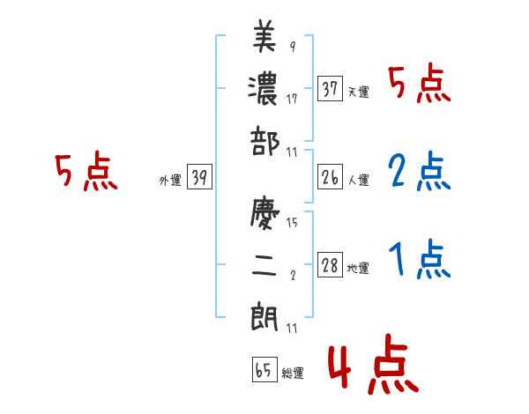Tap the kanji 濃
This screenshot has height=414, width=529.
point(264,89)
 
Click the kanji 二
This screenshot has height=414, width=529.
point(264,264)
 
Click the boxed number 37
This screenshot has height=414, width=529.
point(331,88)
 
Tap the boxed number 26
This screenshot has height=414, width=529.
point(331,177)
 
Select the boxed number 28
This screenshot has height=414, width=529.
point(331,266)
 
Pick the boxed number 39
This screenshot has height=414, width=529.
point(199,178)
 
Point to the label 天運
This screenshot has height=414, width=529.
point(359,92)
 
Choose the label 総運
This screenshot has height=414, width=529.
point(293,373)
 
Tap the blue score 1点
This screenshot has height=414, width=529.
point(420,260)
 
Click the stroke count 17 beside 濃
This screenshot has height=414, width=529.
point(292,99)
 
